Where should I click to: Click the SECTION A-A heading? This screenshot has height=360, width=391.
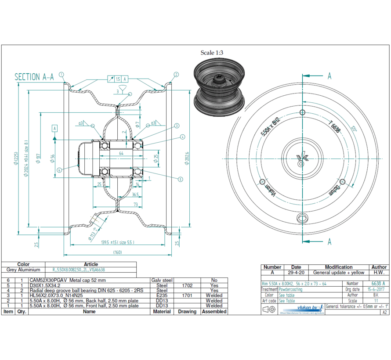(x=34, y=77)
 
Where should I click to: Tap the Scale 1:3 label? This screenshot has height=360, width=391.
(x=212, y=53)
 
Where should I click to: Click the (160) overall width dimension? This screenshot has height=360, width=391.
(x=118, y=252)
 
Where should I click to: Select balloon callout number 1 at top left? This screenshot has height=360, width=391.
(x=62, y=74)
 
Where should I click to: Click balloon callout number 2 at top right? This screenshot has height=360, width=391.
(x=176, y=75)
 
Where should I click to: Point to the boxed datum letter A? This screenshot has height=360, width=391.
(x=55, y=128)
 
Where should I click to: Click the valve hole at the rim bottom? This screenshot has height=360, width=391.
(x=302, y=217)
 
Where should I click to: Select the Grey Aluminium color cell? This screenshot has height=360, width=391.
(x=23, y=270)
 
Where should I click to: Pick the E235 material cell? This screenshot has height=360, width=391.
(x=162, y=295)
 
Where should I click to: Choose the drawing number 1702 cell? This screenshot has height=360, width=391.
(x=187, y=285)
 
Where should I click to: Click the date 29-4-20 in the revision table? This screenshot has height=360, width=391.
(x=296, y=273)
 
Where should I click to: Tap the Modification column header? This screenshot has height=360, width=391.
(x=338, y=267)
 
